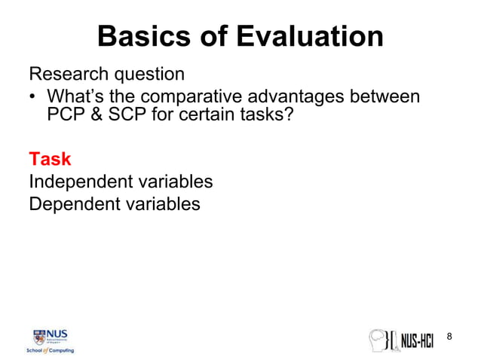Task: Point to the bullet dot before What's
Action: click(x=33, y=98)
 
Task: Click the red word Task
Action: click(x=50, y=159)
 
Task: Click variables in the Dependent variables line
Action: click(x=162, y=203)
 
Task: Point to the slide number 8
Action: click(x=450, y=336)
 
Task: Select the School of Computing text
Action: click(x=51, y=350)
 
